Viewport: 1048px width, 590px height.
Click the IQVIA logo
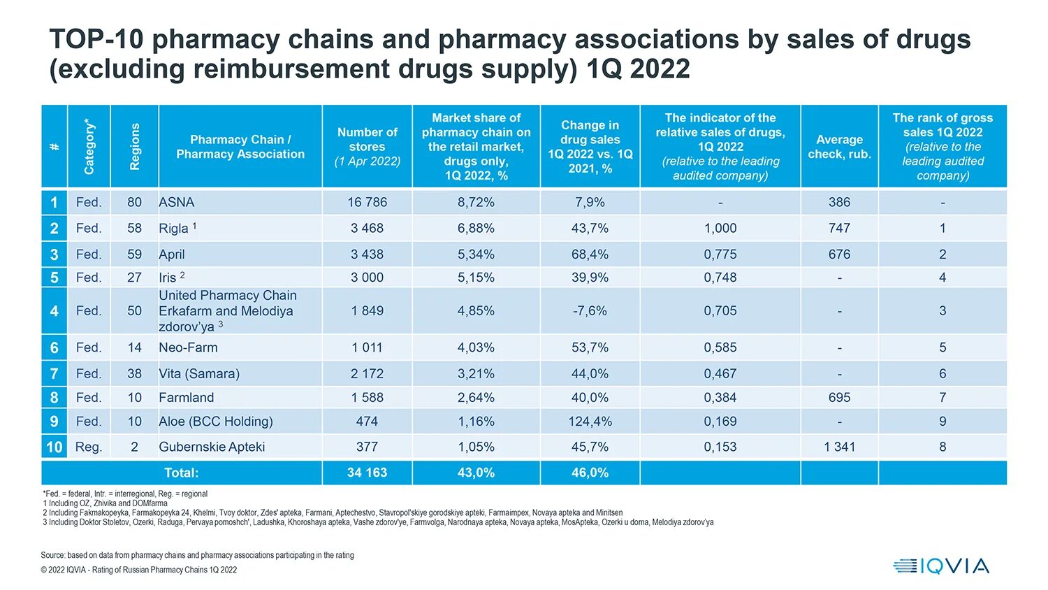[x=941, y=566]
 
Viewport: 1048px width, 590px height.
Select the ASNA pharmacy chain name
[x=177, y=203]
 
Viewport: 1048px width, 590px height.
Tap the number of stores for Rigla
[x=367, y=229]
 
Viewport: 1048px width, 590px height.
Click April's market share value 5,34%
[x=476, y=254]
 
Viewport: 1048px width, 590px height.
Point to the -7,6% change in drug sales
[x=590, y=311]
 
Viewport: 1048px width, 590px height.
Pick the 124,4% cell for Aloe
[x=590, y=422]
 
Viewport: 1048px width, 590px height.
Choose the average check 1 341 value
[x=839, y=447]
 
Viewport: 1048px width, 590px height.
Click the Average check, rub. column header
[x=839, y=147]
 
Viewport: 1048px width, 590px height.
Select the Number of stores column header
[x=367, y=147]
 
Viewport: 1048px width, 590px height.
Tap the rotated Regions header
[x=135, y=147]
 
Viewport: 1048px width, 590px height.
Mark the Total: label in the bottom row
[x=181, y=473]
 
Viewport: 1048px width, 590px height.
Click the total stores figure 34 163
[x=367, y=473]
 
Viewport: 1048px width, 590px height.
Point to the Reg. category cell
[x=89, y=447]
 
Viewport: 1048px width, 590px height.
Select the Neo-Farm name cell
[x=189, y=348]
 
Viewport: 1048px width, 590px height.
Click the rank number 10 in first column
[x=54, y=447]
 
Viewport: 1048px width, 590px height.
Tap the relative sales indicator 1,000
[x=720, y=229]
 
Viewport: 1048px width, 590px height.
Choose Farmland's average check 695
[x=839, y=398]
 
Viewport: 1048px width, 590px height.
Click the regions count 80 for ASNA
[x=134, y=203]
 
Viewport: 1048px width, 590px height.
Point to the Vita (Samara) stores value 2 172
[x=367, y=374]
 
